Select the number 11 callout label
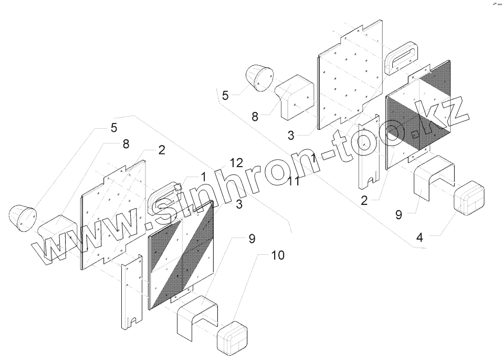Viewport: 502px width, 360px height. pyautogui.click(x=294, y=181)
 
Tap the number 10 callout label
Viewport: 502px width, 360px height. pyautogui.click(x=278, y=255)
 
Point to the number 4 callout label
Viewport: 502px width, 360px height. pyautogui.click(x=419, y=238)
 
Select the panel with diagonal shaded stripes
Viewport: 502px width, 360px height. pyautogui.click(x=182, y=255)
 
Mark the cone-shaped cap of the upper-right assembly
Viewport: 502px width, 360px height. pyautogui.click(x=259, y=77)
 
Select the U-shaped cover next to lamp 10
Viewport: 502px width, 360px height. pyautogui.click(x=197, y=314)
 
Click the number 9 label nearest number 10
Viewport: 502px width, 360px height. pyautogui.click(x=252, y=239)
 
